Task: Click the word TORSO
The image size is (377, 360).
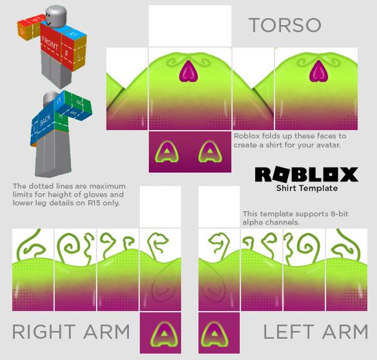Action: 285,25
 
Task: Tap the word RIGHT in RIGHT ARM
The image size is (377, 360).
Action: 44,332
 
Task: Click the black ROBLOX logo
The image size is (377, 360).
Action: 307,175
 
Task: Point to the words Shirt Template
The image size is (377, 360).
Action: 307,188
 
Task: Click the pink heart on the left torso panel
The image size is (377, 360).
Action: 188,71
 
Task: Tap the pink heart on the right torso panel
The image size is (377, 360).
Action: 318,71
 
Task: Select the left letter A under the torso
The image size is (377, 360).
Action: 168,152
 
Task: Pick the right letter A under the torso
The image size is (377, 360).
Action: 210,152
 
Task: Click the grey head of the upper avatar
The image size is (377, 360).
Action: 55,16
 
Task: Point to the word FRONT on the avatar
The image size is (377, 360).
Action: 50,43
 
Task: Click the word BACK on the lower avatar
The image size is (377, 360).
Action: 45,120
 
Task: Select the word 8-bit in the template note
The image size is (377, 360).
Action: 339,214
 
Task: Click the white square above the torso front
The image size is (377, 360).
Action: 190,26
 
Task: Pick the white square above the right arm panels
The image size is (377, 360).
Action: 160,207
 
